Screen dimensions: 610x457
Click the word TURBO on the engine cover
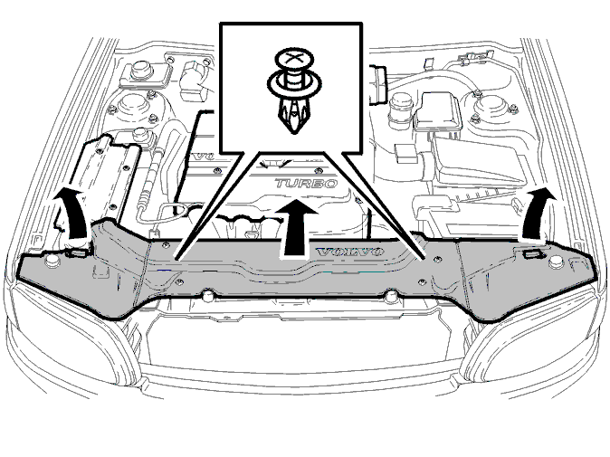coord(306,183)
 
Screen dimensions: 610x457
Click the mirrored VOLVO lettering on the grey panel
coord(350,252)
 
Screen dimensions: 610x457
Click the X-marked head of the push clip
coord(294,60)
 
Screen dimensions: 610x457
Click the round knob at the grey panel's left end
coord(51,262)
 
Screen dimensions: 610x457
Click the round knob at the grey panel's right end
coord(556,262)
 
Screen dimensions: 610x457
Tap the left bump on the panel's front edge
coord(208,296)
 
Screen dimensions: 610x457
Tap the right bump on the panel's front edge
coord(391,296)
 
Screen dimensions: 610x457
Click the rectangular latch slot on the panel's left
coord(77,253)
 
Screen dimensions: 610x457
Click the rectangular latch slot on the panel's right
coord(533,254)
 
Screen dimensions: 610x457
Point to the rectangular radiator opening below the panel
coord(300,342)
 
